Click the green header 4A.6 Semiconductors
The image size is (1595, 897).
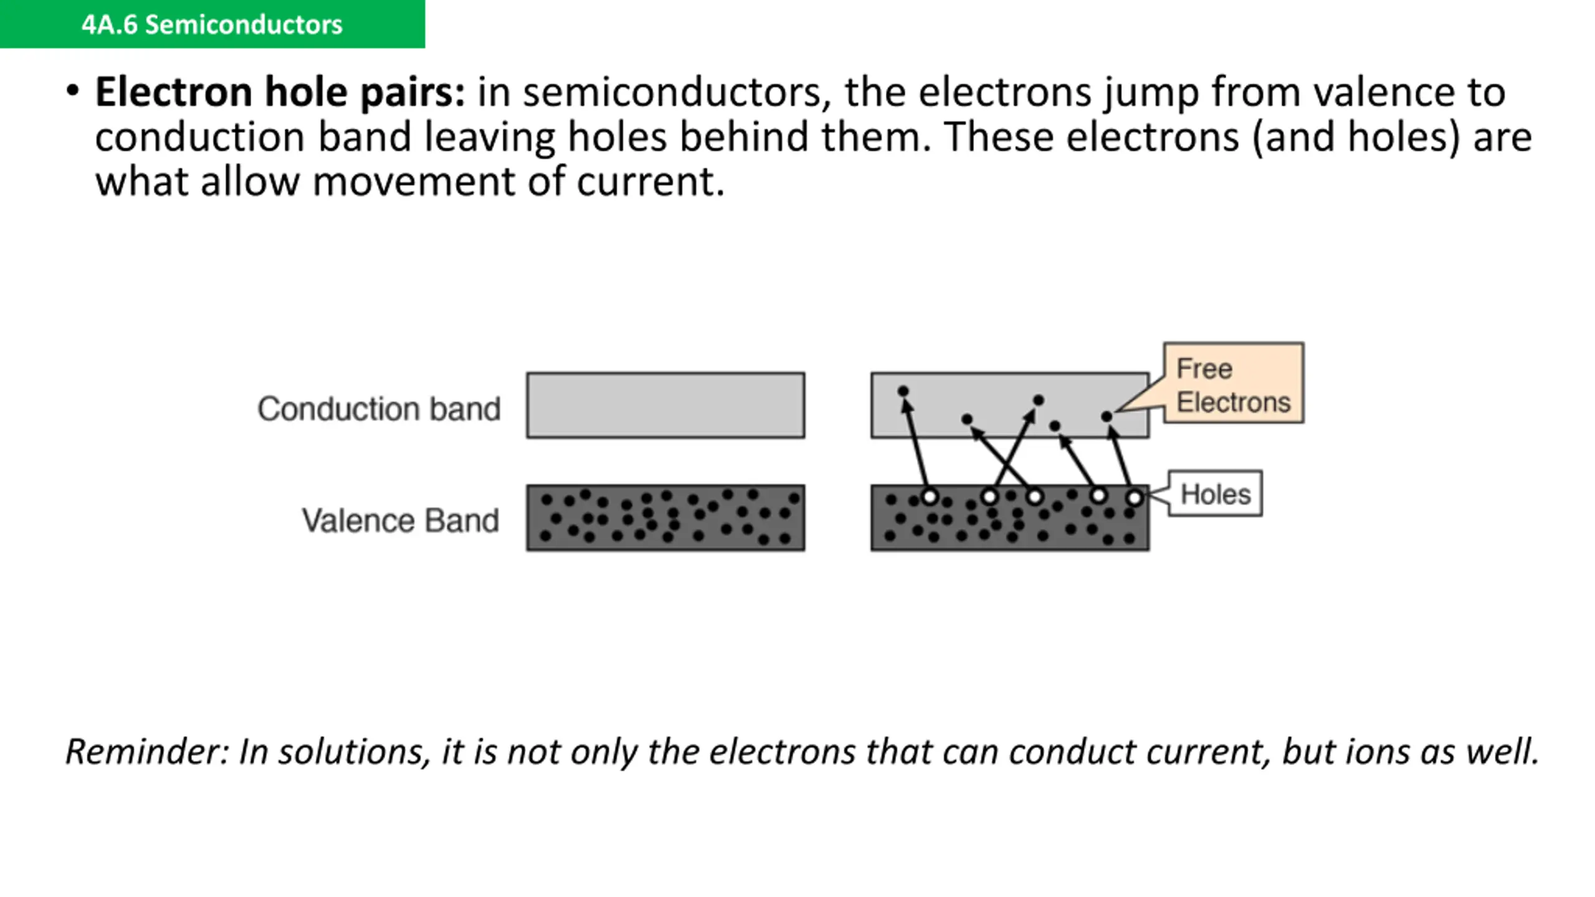pos(212,24)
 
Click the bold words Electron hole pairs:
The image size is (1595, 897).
pos(280,92)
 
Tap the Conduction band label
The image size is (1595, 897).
pos(379,409)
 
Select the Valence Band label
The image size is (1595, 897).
pos(400,520)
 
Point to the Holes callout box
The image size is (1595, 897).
pos(1215,494)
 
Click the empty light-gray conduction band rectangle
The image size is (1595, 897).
pos(665,406)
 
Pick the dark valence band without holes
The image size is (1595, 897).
pos(665,518)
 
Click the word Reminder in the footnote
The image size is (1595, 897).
pos(147,751)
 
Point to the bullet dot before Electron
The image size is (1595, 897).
pos(73,91)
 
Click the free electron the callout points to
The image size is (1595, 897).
pos(1107,416)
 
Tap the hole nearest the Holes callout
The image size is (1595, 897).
pos(1135,498)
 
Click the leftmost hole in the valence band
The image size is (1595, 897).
pos(930,497)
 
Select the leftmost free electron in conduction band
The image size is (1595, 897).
pos(903,391)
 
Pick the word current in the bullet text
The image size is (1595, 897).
pos(650,182)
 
